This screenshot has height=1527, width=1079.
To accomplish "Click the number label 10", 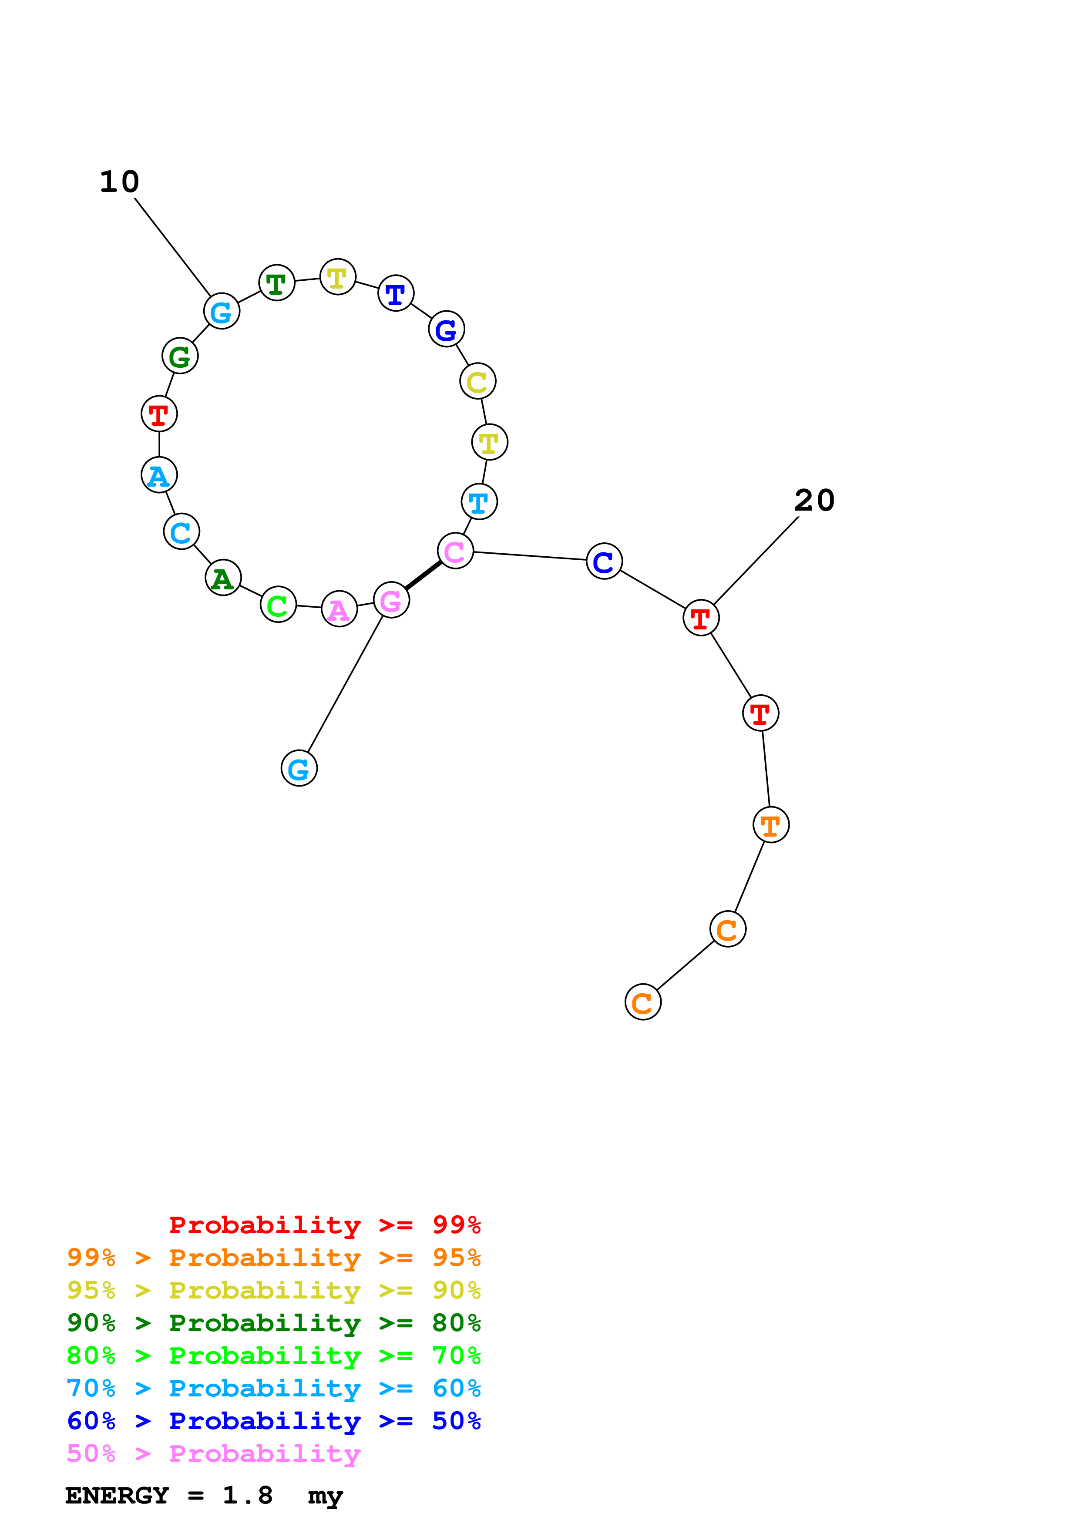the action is [x=120, y=182].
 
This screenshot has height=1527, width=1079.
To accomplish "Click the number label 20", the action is [x=814, y=500].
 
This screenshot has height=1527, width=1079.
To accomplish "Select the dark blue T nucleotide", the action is [x=396, y=293].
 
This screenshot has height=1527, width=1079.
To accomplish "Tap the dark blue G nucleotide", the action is [x=446, y=329].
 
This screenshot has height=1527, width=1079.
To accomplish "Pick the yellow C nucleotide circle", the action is [x=477, y=381].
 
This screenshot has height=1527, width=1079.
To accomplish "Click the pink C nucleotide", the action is [x=455, y=551].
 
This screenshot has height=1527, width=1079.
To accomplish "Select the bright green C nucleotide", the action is [x=278, y=605].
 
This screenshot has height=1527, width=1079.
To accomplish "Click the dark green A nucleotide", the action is [x=223, y=578].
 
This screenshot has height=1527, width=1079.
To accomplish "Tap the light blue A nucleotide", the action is [x=159, y=475].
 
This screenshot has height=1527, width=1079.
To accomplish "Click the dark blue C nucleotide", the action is [x=604, y=562].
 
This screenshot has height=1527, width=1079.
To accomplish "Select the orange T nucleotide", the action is [x=770, y=825].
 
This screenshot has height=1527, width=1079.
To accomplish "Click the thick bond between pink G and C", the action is [x=423, y=576].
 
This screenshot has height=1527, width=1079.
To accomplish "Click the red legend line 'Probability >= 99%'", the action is [x=324, y=1224].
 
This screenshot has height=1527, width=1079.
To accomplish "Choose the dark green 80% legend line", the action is [x=273, y=1323].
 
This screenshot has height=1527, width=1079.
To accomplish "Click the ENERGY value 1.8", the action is [x=247, y=1496].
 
